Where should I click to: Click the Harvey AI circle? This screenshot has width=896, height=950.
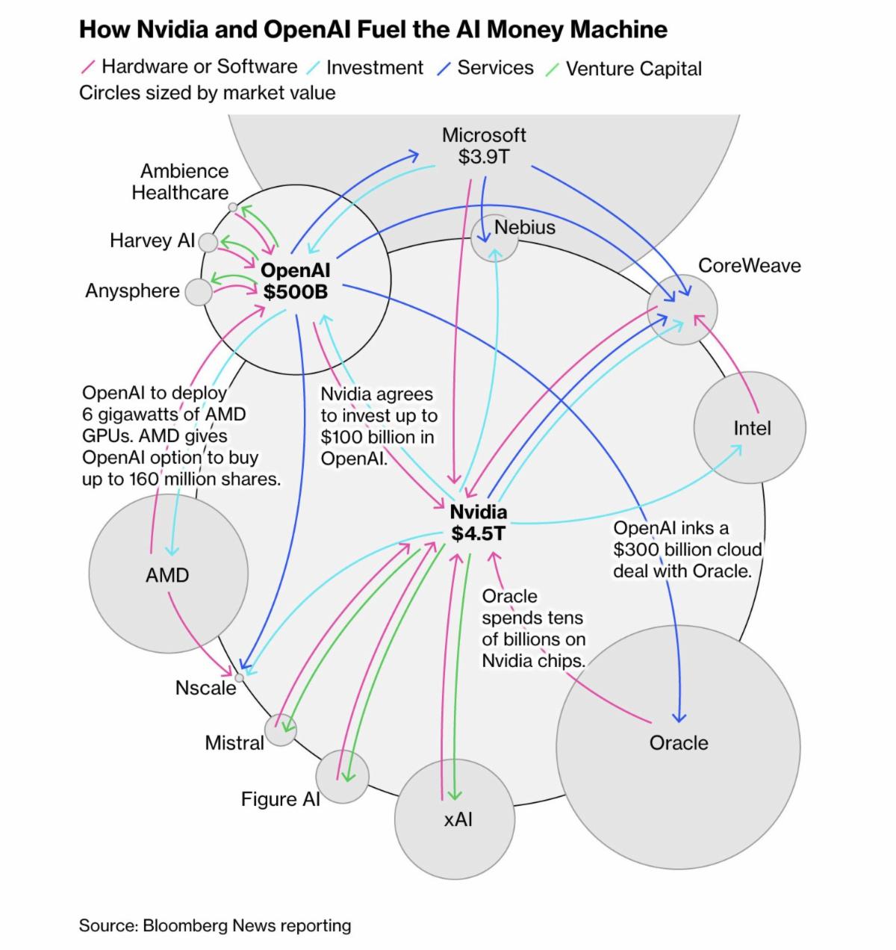pos(208,242)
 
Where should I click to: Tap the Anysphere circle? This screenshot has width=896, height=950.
pos(199,291)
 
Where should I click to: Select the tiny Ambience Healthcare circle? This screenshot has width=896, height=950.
pos(233,207)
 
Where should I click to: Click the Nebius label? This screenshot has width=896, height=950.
pos(525,227)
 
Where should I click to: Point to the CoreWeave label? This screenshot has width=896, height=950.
pos(749,266)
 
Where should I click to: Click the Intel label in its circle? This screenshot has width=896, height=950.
pos(752,429)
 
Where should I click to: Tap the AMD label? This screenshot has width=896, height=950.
pos(167,576)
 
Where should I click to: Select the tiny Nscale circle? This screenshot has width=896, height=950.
pos(240,677)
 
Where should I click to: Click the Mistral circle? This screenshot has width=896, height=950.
pos(281,730)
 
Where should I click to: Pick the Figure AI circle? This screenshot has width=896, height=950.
pos(342,777)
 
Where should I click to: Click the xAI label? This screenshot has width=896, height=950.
pos(458,819)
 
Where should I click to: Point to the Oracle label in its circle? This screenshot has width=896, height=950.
pos(679,743)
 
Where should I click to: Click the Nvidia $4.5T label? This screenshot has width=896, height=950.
pos(479,523)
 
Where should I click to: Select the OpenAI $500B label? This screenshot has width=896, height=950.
pos(296,282)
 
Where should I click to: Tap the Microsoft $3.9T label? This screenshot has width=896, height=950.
pos(484,146)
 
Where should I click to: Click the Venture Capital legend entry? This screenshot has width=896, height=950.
pos(633,69)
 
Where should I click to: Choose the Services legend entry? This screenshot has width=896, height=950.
pos(495,68)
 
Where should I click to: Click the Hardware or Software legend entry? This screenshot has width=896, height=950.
pos(199,66)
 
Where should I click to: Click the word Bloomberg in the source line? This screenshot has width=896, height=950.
pos(185,926)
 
